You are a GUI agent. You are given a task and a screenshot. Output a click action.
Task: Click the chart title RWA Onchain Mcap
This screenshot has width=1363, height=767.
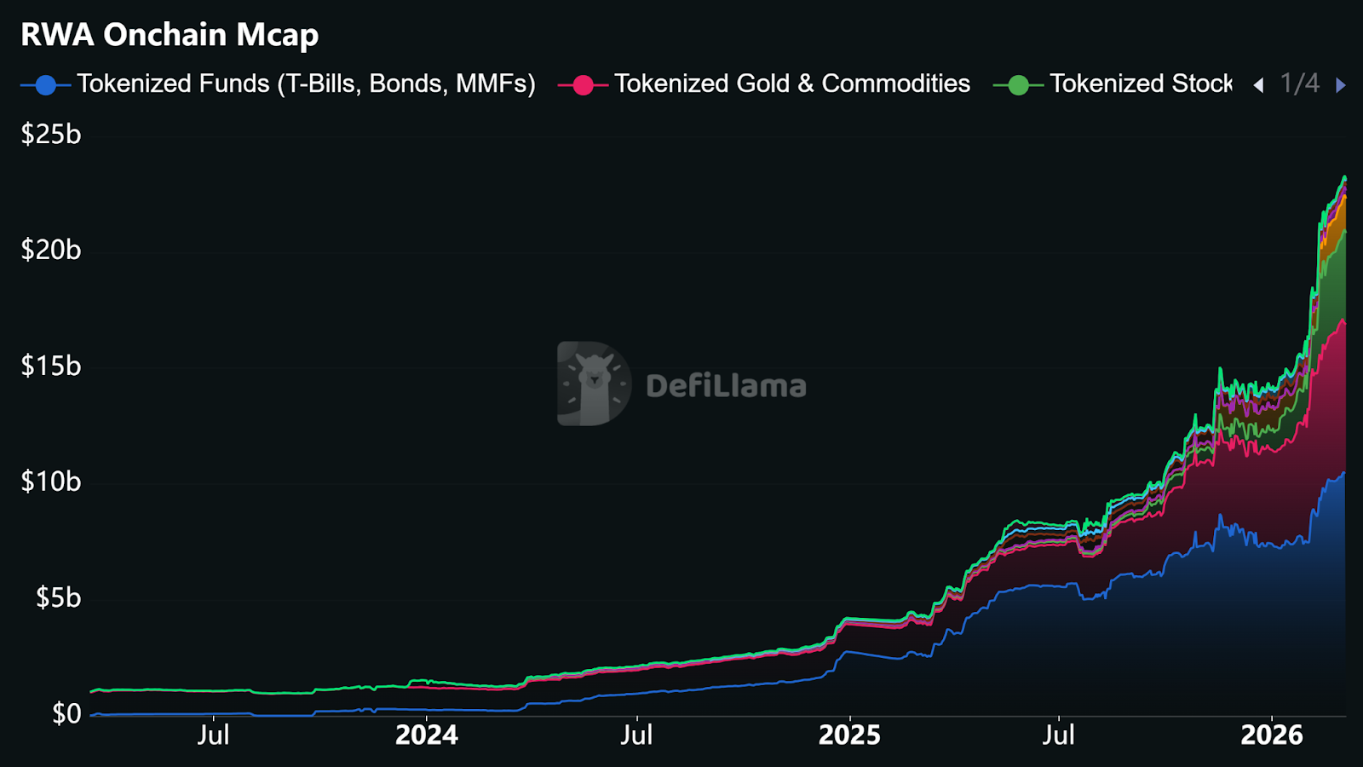[x=170, y=35]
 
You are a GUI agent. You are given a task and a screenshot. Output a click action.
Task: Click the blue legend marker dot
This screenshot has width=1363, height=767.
[x=46, y=85]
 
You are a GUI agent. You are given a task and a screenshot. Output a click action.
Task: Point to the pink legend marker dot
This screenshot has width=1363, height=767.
[x=583, y=85]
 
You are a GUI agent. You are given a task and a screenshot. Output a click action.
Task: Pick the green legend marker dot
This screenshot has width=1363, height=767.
[x=1018, y=85]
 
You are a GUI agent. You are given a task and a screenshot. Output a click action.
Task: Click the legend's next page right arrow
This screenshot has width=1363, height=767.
[x=1341, y=85]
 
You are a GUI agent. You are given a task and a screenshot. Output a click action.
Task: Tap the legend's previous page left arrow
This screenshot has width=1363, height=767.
[x=1258, y=85]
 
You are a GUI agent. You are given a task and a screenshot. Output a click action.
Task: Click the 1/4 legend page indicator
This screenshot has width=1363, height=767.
[x=1299, y=84]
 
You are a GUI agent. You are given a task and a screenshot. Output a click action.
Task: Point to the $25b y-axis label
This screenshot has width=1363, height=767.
[x=51, y=135]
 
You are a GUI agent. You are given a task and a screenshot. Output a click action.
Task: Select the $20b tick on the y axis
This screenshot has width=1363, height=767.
[x=51, y=250]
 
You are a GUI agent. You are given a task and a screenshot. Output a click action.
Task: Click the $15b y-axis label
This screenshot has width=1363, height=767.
[x=51, y=366]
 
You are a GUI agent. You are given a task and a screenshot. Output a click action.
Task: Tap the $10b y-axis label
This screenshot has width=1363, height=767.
[x=51, y=482]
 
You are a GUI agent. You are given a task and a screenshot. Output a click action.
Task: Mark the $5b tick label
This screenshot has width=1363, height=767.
[x=58, y=597]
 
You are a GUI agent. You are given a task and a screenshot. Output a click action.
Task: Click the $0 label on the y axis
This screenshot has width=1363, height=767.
[x=66, y=713]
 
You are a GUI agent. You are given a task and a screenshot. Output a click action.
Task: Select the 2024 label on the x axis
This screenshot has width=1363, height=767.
[x=426, y=735]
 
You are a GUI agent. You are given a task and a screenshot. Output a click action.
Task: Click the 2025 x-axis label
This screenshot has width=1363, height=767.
[x=849, y=735]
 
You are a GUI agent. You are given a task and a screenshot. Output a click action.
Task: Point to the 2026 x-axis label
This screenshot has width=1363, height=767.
[x=1271, y=735]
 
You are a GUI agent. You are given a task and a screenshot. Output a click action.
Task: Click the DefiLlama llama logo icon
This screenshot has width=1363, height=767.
[x=594, y=383]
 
